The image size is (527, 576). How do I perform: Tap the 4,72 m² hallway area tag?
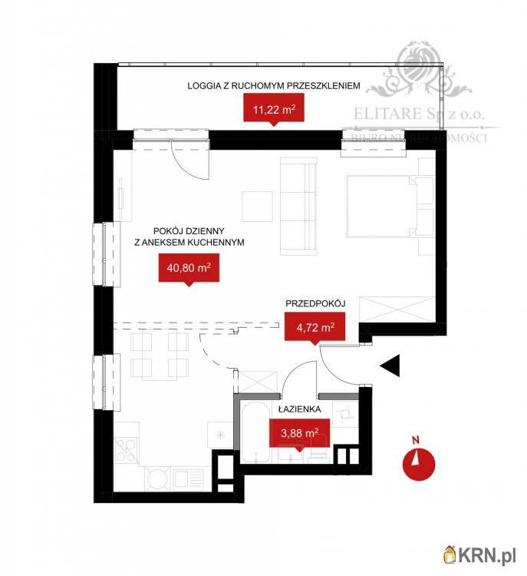310,329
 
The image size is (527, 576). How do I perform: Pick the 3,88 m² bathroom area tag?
299,432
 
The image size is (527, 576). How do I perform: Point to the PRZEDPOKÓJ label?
315,304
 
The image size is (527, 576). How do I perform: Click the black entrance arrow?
390,366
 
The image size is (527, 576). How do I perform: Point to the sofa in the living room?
298,205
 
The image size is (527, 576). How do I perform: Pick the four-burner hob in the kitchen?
127,449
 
